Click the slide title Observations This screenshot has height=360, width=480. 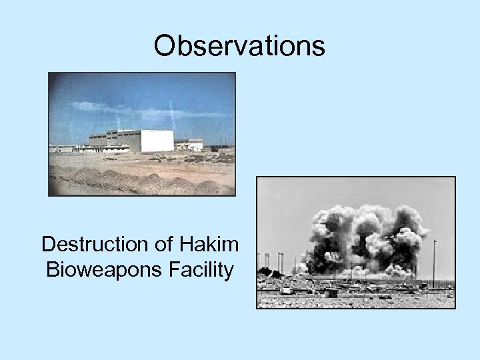pyautogui.click(x=239, y=45)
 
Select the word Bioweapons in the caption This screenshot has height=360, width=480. pyautogui.click(x=93, y=271)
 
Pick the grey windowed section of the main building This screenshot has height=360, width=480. pyautogui.click(x=113, y=139)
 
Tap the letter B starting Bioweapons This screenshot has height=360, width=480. pyautogui.click(x=51, y=271)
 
